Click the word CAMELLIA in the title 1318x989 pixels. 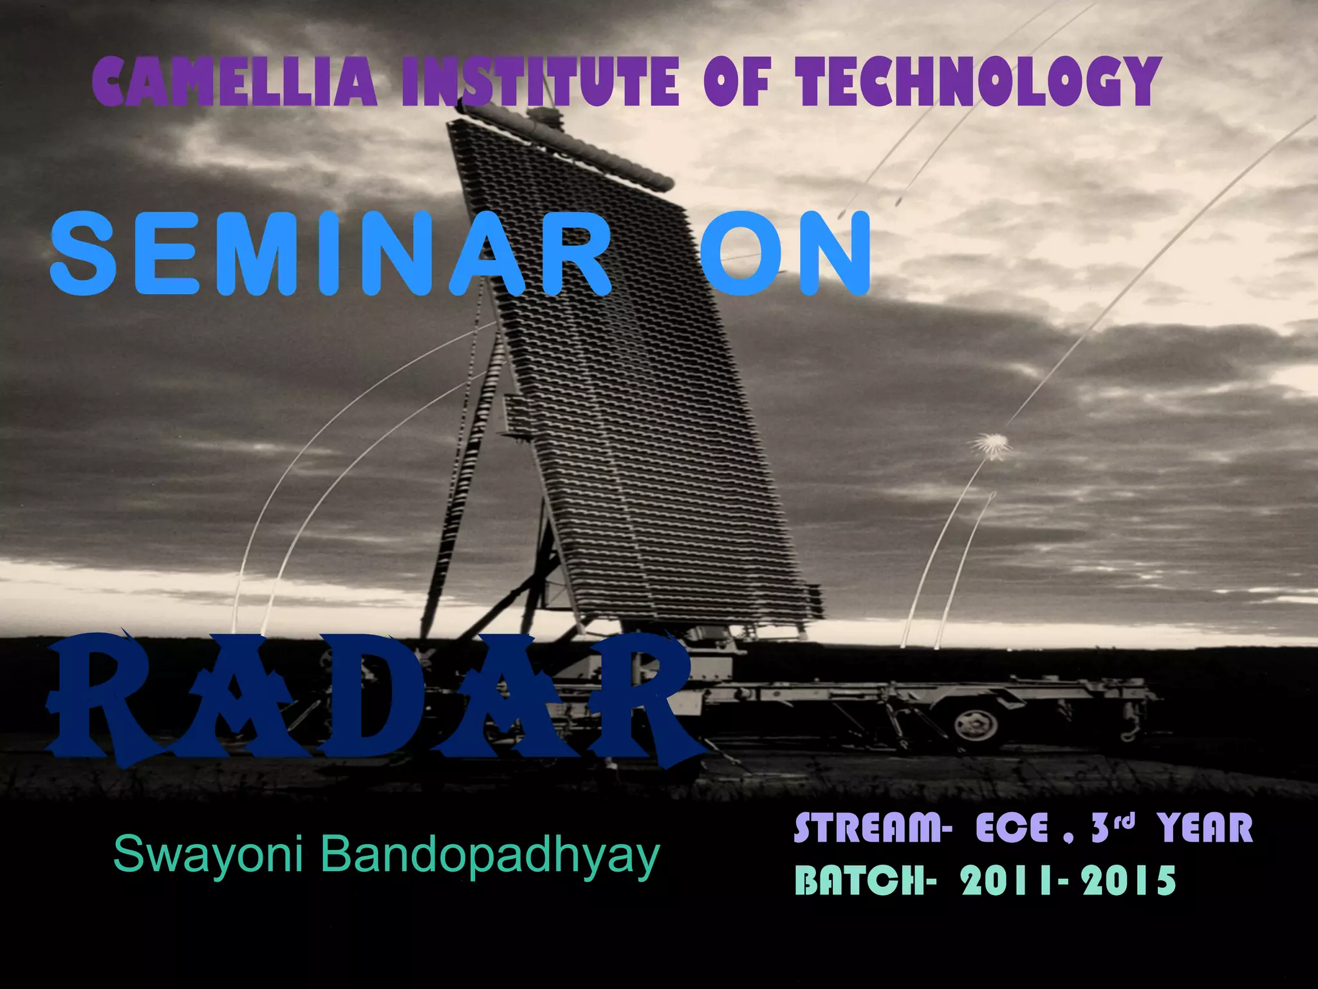click(234, 82)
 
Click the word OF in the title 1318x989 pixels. click(736, 82)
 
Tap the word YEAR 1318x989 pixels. click(1205, 828)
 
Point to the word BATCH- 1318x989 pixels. click(862, 880)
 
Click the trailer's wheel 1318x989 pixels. click(976, 726)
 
